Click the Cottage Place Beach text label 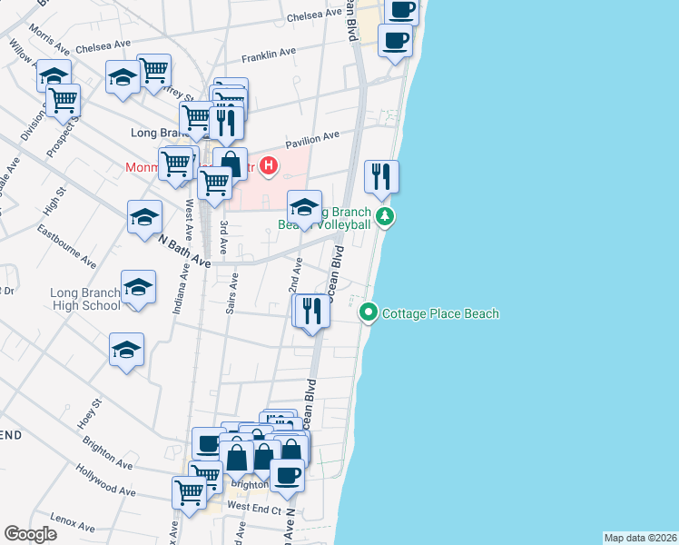click(x=440, y=314)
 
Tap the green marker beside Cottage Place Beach click(x=369, y=314)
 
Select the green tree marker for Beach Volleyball click(x=387, y=216)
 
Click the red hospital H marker click(x=269, y=165)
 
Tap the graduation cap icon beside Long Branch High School click(x=138, y=288)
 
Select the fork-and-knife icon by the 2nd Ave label click(x=310, y=311)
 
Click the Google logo click(x=30, y=534)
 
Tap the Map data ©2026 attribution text click(x=640, y=538)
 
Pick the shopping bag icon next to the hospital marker click(x=230, y=164)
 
